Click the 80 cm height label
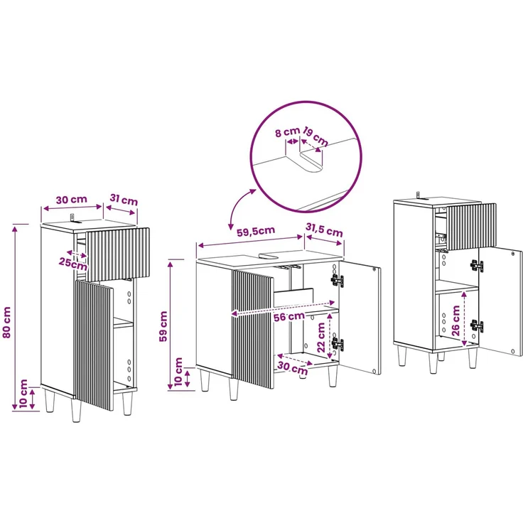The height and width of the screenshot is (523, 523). [x=7, y=322]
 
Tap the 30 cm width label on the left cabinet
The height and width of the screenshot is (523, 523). [x=71, y=200]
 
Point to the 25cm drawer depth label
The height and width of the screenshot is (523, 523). [x=73, y=264]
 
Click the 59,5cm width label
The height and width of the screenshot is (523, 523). [x=256, y=231]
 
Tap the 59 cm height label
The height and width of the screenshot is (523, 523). [x=163, y=326]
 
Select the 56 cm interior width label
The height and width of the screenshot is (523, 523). [x=289, y=316]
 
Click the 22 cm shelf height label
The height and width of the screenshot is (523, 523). [x=321, y=338]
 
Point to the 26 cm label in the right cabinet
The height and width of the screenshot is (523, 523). [x=455, y=320]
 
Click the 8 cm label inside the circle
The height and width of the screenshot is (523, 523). [x=287, y=132]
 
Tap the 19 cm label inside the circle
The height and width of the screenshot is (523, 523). [x=316, y=136]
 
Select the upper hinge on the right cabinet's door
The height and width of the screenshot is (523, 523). [x=477, y=266]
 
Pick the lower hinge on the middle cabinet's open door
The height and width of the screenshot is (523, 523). [x=338, y=343]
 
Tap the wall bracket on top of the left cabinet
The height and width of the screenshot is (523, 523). [x=74, y=218]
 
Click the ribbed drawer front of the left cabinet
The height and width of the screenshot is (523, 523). [x=117, y=254]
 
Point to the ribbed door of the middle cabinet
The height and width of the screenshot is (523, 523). [x=253, y=329]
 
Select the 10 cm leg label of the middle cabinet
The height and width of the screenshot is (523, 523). [x=178, y=372]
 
